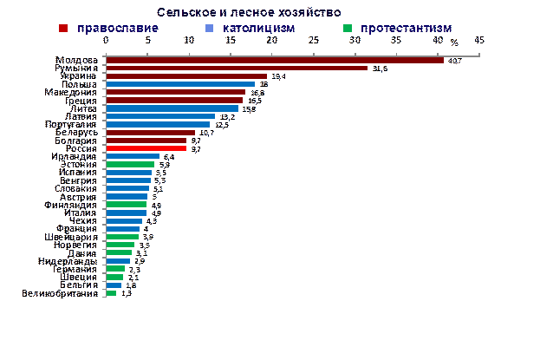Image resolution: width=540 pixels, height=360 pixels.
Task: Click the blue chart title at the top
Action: [249, 12]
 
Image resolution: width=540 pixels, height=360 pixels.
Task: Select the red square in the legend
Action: [62, 28]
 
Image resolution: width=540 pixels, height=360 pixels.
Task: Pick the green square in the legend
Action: [347, 28]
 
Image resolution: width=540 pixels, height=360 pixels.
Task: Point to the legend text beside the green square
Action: [407, 28]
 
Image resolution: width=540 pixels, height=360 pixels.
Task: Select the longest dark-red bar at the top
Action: [274, 60]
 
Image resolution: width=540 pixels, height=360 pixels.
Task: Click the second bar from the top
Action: [236, 68]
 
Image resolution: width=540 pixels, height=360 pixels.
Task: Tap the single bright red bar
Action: [146, 148]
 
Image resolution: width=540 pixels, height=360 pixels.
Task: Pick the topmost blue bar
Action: [179, 84]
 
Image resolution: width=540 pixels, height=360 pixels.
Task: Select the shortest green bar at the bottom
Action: [111, 293]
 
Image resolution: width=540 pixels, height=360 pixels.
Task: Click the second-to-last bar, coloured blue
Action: [114, 285]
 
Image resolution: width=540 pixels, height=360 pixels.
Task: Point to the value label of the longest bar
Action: [457, 60]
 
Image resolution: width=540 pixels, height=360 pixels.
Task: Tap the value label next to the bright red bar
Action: [195, 148]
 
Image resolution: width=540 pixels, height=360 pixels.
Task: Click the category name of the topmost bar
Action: [75, 60]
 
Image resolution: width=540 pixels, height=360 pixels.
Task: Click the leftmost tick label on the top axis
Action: [106, 40]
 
